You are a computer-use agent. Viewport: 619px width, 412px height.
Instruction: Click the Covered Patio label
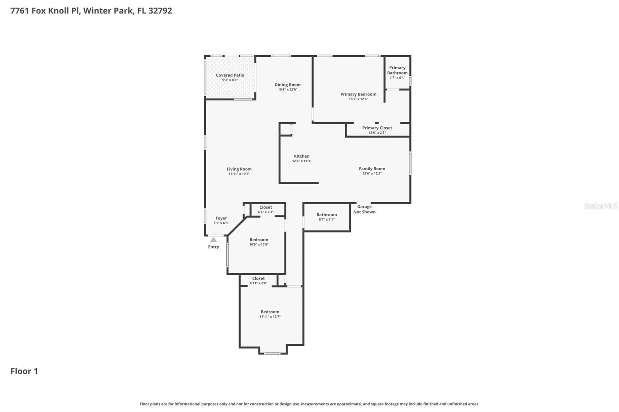(230, 75)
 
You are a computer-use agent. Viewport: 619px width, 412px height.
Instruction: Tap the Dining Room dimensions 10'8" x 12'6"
(287, 90)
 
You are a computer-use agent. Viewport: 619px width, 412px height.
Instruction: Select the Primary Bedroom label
(358, 94)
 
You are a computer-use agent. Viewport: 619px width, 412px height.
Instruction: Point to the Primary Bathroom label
(397, 70)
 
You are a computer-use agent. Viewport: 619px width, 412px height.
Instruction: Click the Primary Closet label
(377, 128)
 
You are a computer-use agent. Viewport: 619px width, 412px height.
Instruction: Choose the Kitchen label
(301, 156)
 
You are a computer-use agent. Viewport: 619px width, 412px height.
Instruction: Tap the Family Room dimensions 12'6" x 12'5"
(372, 174)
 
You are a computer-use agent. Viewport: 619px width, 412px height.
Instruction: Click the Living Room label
(239, 169)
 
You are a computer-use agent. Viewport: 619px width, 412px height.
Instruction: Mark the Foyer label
(221, 218)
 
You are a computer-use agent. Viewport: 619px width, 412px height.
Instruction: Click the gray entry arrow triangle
(214, 240)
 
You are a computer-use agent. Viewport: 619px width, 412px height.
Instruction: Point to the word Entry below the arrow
(214, 247)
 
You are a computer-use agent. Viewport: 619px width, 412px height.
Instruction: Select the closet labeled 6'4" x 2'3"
(266, 209)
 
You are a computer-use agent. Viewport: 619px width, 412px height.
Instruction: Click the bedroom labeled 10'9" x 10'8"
(259, 242)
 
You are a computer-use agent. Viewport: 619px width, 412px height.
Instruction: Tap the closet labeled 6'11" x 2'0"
(258, 281)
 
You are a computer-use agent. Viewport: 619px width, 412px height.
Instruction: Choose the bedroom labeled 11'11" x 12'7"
(270, 314)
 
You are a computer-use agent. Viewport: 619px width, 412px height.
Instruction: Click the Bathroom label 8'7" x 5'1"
(327, 217)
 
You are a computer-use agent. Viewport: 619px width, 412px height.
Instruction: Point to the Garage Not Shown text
(364, 209)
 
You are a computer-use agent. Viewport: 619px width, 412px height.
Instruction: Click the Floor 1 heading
(24, 371)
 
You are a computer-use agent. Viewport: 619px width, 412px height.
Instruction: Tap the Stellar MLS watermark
(600, 206)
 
